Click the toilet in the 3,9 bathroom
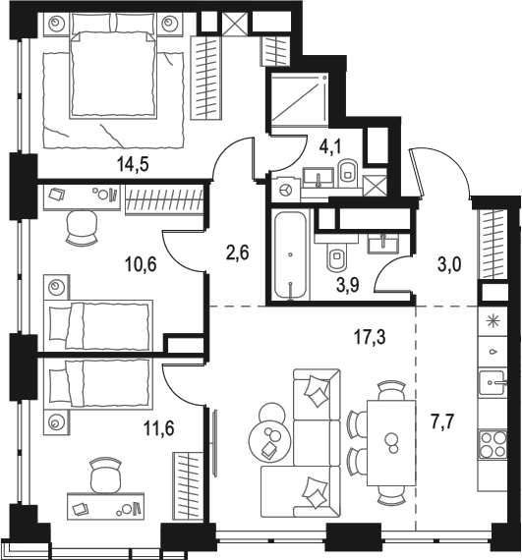click(334, 257)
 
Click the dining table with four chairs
click(392, 440)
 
